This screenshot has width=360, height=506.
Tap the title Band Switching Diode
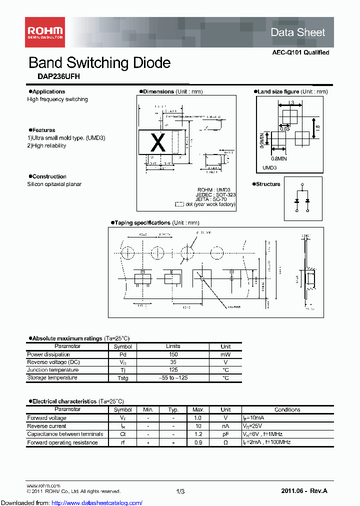pyautogui.click(x=99, y=63)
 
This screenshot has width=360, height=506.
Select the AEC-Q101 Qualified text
pyautogui.click(x=300, y=52)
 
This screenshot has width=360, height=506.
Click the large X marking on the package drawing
pyautogui.click(x=158, y=143)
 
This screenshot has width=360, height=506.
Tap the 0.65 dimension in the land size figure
pyautogui.click(x=284, y=129)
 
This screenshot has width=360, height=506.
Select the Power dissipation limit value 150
pyautogui.click(x=173, y=354)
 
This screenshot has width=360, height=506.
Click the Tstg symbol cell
pyautogui.click(x=122, y=378)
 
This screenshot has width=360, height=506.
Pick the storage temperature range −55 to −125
pyautogui.click(x=173, y=378)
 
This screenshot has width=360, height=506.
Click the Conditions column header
pyautogui.click(x=287, y=409)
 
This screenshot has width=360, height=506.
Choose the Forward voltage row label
pyautogui.click(x=46, y=418)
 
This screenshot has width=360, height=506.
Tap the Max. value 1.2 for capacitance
pyautogui.click(x=198, y=434)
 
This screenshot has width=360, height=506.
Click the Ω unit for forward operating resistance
pyautogui.click(x=225, y=442)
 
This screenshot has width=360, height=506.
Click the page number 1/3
pyautogui.click(x=180, y=492)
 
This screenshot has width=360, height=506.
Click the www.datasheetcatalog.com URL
pyautogui.click(x=71, y=502)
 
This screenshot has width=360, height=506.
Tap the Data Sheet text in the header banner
pyautogui.click(x=297, y=32)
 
